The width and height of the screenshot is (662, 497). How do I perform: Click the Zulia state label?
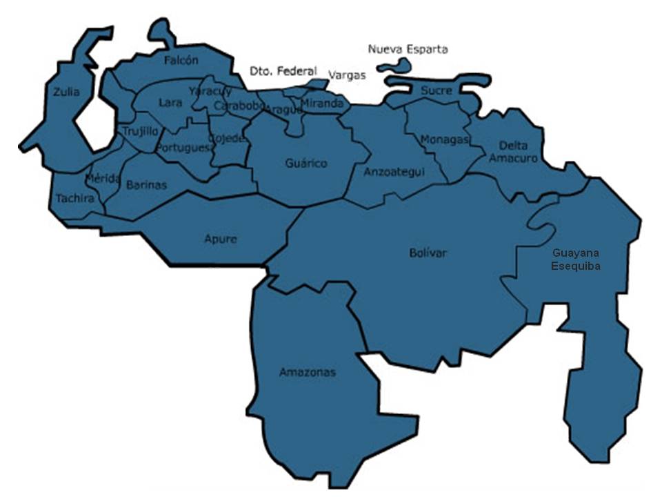click(66, 92)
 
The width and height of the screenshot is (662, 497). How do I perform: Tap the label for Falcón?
click(181, 60)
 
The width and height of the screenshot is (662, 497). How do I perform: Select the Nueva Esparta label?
click(408, 49)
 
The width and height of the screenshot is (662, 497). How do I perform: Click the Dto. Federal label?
click(283, 71)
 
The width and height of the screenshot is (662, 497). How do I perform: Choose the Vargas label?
click(347, 75)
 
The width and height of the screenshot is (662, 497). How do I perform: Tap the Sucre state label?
click(436, 90)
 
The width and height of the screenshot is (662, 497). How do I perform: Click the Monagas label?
click(444, 139)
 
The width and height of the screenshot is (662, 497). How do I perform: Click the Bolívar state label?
click(428, 253)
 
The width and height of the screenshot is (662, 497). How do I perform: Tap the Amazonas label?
click(308, 373)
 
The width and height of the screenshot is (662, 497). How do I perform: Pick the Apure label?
click(220, 240)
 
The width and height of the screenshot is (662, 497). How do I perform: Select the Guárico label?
click(306, 164)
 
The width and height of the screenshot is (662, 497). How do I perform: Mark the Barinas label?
click(146, 184)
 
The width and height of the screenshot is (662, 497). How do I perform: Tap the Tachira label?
click(74, 198)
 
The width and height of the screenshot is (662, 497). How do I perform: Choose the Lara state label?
click(170, 103)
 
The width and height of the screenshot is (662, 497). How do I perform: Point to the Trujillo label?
click(141, 130)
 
